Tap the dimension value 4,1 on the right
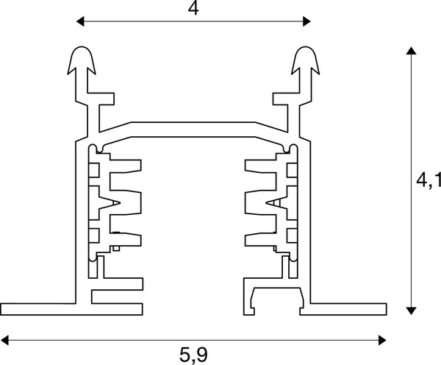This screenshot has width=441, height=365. (x=428, y=179)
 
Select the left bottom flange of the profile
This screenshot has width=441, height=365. (x=37, y=307)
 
